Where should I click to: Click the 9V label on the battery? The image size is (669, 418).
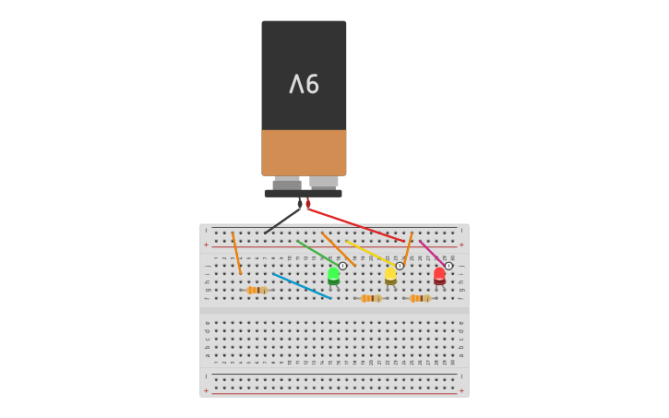(304, 85)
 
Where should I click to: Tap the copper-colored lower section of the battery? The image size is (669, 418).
(304, 152)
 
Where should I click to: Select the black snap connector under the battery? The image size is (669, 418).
(304, 193)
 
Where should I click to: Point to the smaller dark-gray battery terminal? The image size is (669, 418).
(287, 184)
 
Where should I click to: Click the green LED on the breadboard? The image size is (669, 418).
(333, 275)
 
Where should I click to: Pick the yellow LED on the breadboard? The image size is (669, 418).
(390, 275)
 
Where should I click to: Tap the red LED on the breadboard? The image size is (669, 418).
(439, 275)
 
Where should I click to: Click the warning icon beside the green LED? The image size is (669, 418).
(343, 266)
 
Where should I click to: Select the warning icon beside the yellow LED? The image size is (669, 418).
(400, 266)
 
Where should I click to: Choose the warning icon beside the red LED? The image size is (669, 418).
(448, 266)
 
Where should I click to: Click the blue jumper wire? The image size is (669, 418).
(302, 286)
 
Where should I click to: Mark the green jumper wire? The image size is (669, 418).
(315, 253)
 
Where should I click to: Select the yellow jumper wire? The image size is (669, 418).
(372, 254)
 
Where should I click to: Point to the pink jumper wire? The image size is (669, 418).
(429, 252)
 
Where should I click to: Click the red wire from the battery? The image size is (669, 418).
(355, 225)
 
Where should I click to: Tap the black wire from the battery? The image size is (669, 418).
(282, 221)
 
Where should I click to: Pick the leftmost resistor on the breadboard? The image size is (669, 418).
(257, 290)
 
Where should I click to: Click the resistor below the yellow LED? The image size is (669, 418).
(371, 298)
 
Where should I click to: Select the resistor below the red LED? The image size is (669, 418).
(420, 298)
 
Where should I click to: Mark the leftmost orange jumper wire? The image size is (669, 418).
(236, 253)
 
